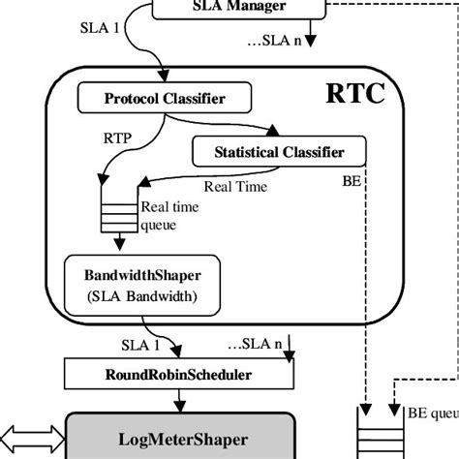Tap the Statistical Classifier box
click(x=281, y=151)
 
